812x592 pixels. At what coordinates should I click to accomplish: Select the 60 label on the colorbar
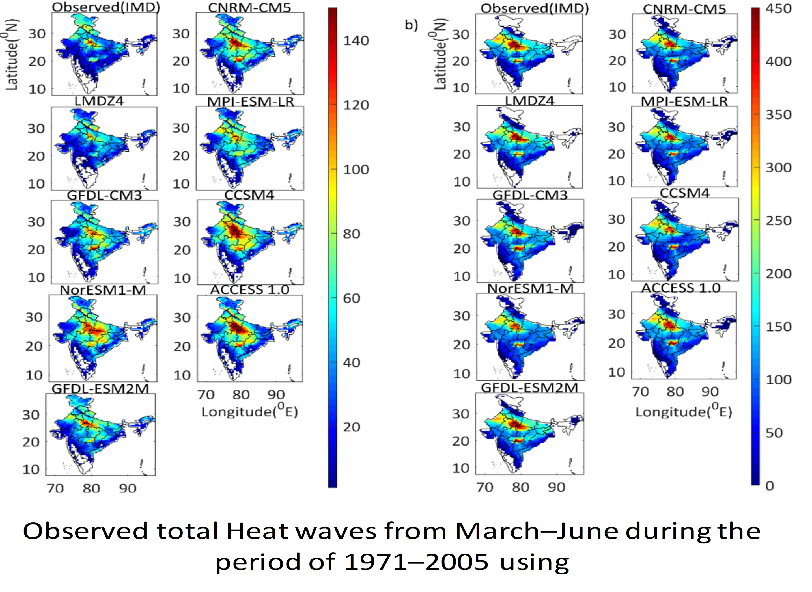coord(351,298)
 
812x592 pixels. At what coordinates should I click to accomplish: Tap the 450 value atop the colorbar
coord(778,8)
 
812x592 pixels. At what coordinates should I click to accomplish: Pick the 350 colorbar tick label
coord(778,115)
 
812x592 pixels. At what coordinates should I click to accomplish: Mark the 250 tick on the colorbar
coord(778,221)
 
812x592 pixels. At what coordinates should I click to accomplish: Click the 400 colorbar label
coord(778,62)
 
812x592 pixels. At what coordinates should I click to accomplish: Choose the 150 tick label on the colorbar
coord(778,327)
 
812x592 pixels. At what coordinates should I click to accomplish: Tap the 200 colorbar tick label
coord(778,274)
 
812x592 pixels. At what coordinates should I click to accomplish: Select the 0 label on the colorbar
coord(770,486)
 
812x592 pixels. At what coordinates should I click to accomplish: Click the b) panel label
coord(411,25)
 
